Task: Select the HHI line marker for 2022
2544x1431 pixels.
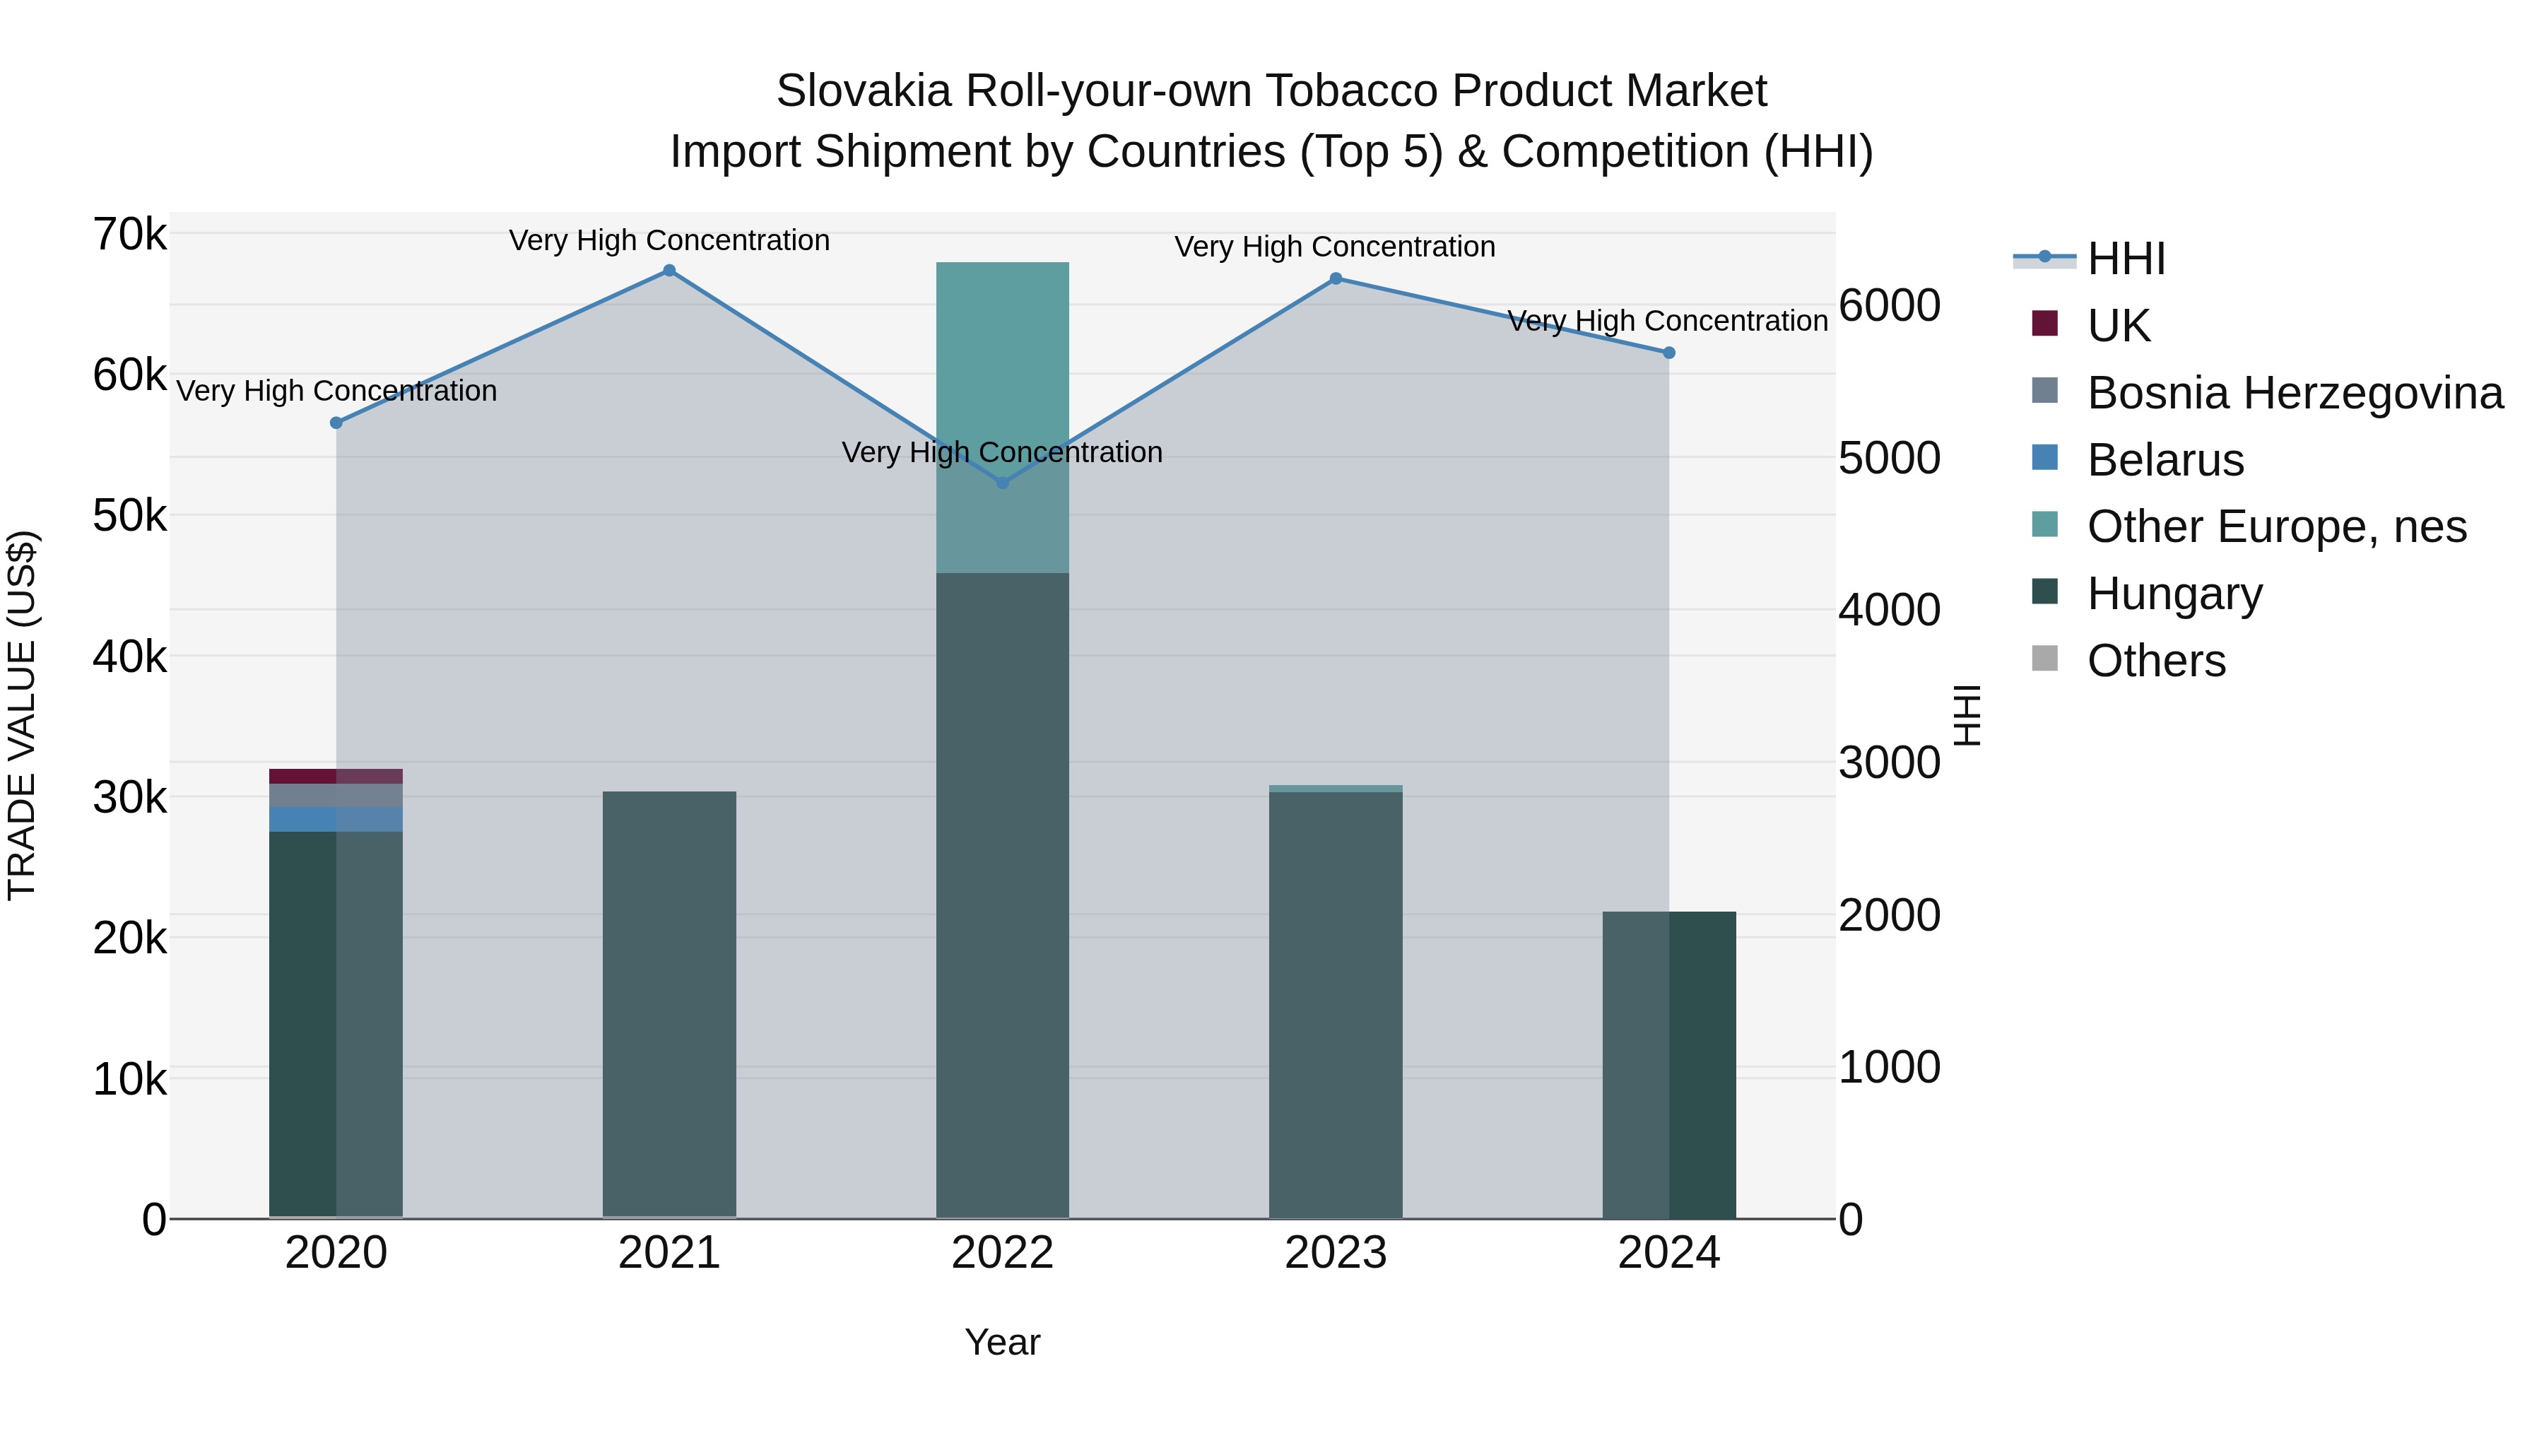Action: (x=1002, y=483)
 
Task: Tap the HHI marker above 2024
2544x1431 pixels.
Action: (x=1669, y=353)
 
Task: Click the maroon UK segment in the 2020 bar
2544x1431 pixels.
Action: (x=336, y=776)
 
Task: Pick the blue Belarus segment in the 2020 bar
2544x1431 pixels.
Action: (x=336, y=820)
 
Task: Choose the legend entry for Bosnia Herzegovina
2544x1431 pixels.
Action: (x=2294, y=393)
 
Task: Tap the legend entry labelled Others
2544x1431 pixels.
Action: (x=2156, y=661)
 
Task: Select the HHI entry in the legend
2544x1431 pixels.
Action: (x=2125, y=259)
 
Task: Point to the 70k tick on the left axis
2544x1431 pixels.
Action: (x=130, y=235)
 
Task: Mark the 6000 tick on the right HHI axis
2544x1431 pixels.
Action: (x=1889, y=306)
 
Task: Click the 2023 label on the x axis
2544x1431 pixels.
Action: (x=1335, y=1253)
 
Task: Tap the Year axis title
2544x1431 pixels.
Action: (x=1002, y=1342)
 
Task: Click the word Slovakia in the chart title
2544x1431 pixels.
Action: (x=863, y=91)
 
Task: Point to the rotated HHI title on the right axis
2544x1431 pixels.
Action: (x=1967, y=715)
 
